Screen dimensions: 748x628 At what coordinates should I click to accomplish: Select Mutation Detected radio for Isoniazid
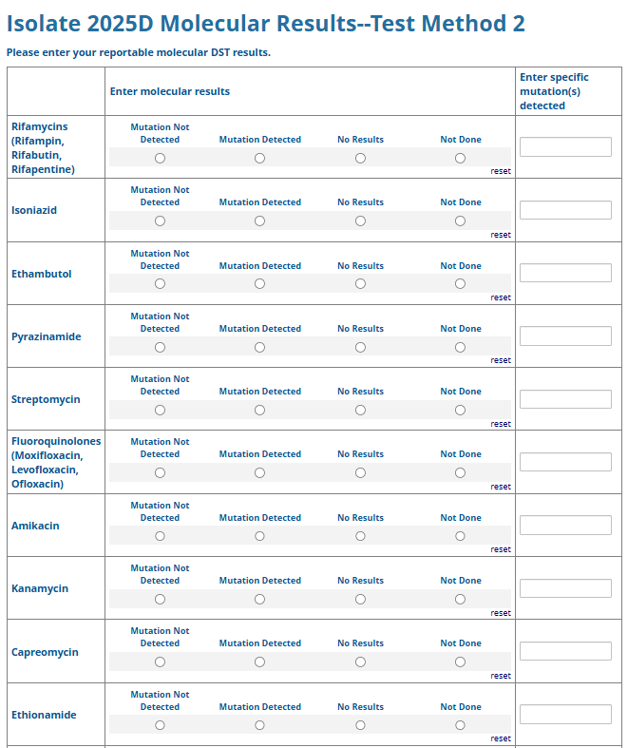pos(259,221)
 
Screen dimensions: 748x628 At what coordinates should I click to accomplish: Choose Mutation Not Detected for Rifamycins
pos(160,159)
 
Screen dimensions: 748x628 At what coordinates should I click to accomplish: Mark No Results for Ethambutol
pos(360,284)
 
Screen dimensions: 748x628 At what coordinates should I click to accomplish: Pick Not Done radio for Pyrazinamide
pos(460,348)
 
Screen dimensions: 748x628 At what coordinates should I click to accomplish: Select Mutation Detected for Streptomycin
pos(259,411)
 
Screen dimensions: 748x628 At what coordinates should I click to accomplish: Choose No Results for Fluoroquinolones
pos(360,473)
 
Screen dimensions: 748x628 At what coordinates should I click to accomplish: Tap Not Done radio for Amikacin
pos(460,536)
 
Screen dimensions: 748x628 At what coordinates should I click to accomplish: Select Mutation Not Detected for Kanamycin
pos(160,600)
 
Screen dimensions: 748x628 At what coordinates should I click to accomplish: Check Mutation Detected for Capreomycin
pos(259,662)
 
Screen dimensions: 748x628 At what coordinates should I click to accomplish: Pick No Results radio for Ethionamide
pos(360,725)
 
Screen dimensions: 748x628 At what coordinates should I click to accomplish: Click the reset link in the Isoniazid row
pos(501,235)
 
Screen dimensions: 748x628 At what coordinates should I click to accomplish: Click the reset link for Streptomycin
pos(501,424)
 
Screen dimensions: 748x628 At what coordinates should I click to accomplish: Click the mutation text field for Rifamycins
pos(565,147)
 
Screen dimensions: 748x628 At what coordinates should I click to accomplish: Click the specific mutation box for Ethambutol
pos(565,273)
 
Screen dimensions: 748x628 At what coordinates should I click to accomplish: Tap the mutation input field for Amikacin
pos(565,526)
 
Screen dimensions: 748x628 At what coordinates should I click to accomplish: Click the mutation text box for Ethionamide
pos(565,715)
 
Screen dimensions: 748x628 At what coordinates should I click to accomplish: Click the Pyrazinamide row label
pos(46,336)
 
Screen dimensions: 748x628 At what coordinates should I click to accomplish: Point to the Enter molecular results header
pos(170,91)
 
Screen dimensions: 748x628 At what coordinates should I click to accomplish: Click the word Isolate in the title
pos(48,24)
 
